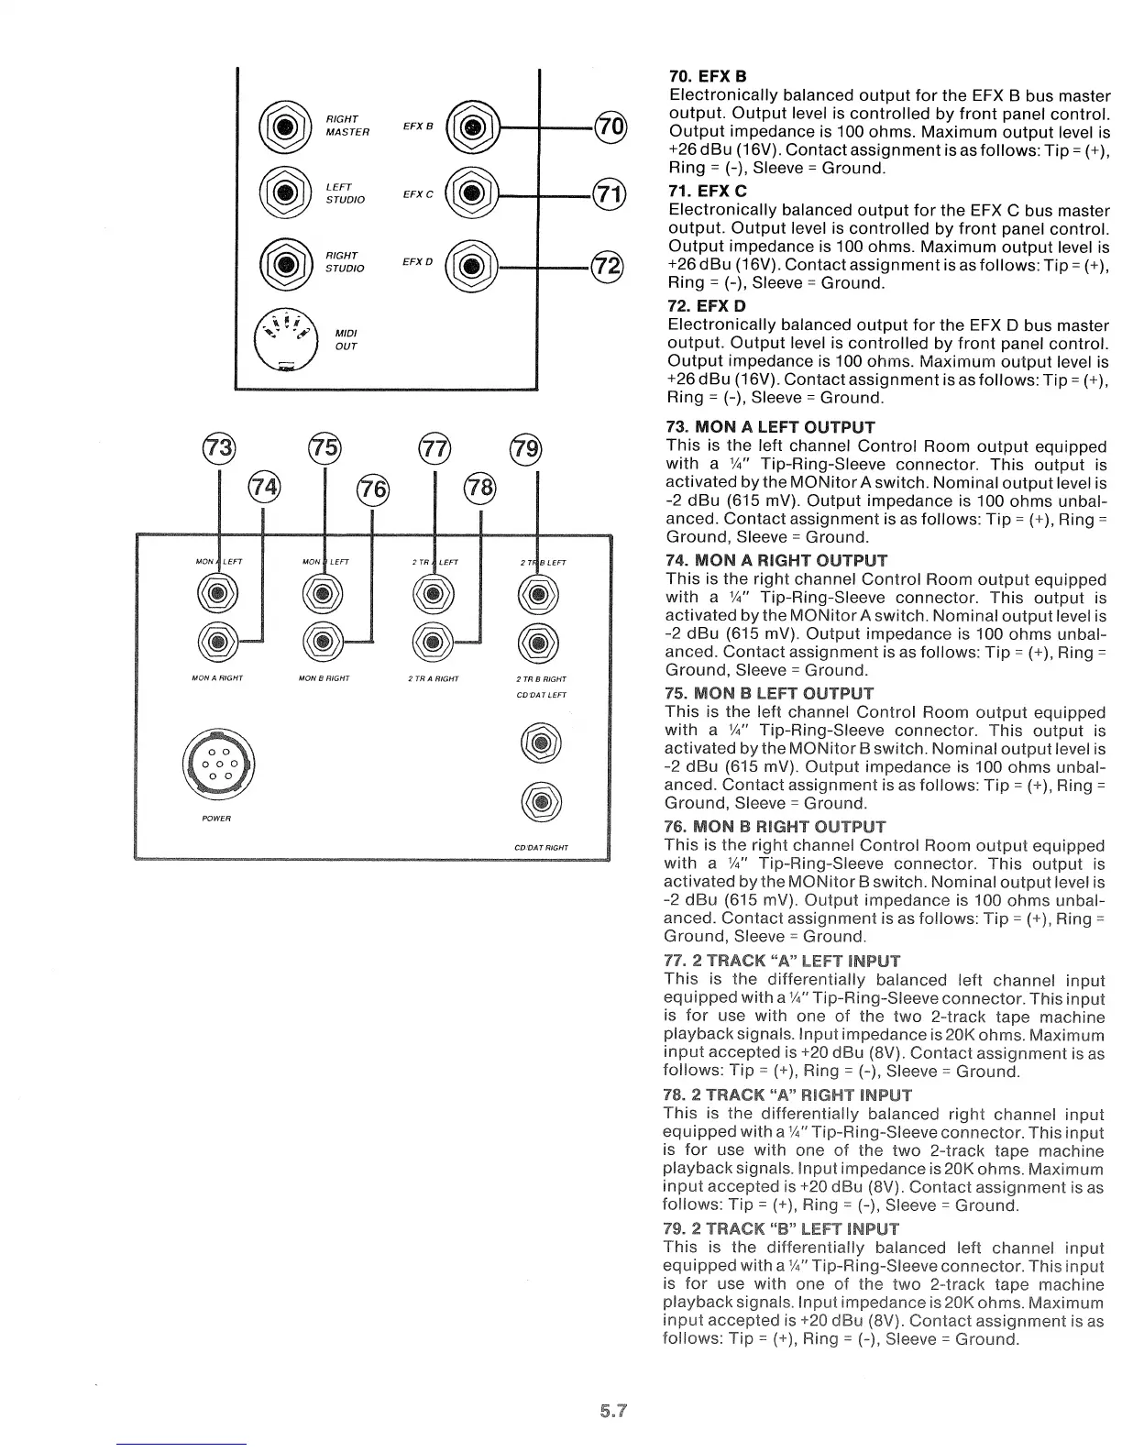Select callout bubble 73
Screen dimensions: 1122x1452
pos(218,450)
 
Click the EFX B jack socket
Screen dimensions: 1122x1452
pos(471,126)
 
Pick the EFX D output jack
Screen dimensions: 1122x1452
pos(470,267)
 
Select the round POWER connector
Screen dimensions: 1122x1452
pos(218,764)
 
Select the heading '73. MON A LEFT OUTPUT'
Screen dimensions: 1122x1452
pos(771,427)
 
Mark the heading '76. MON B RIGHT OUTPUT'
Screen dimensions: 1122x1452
pos(775,827)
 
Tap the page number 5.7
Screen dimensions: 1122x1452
pos(612,1412)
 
